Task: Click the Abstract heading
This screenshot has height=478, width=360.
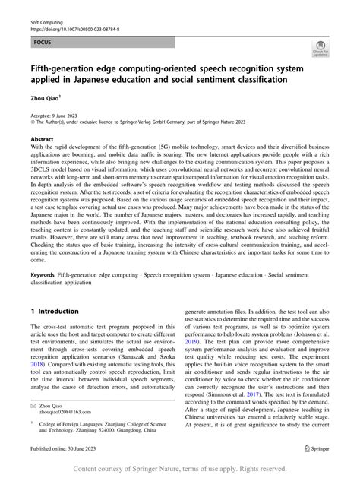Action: point(42,140)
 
